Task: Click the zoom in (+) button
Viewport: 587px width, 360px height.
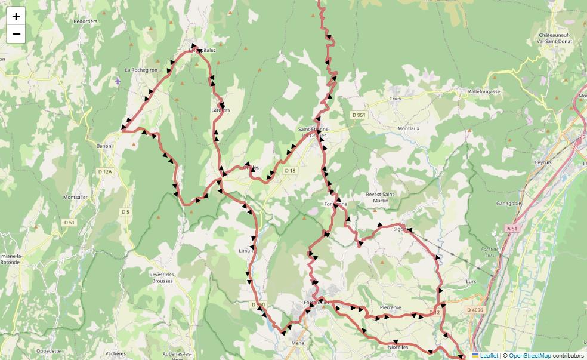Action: click(16, 16)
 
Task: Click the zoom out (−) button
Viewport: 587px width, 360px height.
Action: click(16, 34)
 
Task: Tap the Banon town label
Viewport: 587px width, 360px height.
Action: click(104, 146)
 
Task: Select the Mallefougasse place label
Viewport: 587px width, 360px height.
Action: click(484, 92)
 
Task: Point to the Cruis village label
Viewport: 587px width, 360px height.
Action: click(395, 99)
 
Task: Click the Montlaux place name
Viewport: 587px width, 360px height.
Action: click(409, 128)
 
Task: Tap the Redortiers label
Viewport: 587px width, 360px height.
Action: click(85, 21)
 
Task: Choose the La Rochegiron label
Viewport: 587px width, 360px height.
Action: click(141, 70)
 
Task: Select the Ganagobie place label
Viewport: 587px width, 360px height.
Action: click(509, 204)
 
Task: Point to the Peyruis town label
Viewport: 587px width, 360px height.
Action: click(543, 162)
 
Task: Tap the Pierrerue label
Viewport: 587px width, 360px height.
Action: click(391, 307)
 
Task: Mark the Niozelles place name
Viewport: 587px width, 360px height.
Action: click(398, 347)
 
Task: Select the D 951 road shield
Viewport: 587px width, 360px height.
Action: click(359, 115)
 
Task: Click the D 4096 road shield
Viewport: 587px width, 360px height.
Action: click(475, 310)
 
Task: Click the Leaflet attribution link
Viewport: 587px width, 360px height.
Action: click(489, 355)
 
